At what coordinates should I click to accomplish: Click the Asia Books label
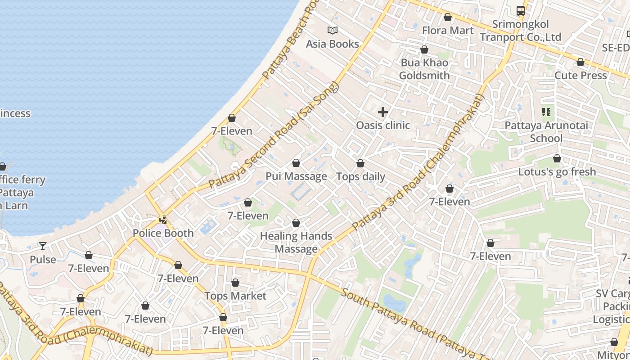pos(333,44)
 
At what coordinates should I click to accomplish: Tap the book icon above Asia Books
pos(333,31)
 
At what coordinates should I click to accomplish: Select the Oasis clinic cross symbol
pos(383,112)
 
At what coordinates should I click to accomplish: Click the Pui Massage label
pos(296,176)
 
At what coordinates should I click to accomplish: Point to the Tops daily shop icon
pos(360,163)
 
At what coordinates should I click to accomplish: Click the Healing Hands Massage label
pos(296,242)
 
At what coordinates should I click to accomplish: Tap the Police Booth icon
pos(164,220)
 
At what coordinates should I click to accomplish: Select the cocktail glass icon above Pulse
pos(43,246)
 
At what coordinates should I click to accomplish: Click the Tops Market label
pos(235,296)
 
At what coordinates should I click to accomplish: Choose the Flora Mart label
pos(448,30)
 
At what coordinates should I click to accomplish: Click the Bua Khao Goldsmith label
pos(424,69)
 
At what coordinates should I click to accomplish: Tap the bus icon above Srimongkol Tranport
pos(521,11)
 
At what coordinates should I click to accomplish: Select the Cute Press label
pos(580,75)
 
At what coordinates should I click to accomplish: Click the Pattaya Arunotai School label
pos(546,131)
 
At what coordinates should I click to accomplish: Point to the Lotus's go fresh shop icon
pos(557,159)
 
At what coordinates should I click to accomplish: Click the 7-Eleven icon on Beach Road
pos(232,118)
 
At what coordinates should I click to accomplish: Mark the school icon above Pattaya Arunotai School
pos(546,112)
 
